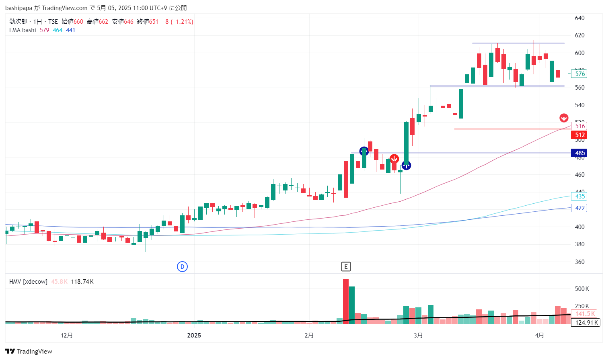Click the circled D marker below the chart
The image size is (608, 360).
click(182, 266)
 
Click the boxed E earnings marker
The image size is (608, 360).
click(346, 266)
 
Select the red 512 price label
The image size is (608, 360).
click(579, 135)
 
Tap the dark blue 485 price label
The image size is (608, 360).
click(579, 153)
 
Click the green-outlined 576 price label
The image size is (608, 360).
click(579, 74)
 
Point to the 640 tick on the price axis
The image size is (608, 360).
click(579, 18)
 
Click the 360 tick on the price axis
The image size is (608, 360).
click(579, 262)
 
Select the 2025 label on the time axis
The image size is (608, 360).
click(194, 335)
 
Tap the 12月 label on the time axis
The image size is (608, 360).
click(67, 335)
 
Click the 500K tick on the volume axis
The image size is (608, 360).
click(582, 289)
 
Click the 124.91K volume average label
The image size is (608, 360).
click(585, 322)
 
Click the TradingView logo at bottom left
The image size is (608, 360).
click(29, 351)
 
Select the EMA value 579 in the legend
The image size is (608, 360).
click(44, 30)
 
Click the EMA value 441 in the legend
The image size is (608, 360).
click(71, 30)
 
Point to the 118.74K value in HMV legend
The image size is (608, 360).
click(82, 282)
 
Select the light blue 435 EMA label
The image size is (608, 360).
click(579, 196)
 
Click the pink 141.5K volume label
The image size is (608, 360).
click(585, 314)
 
